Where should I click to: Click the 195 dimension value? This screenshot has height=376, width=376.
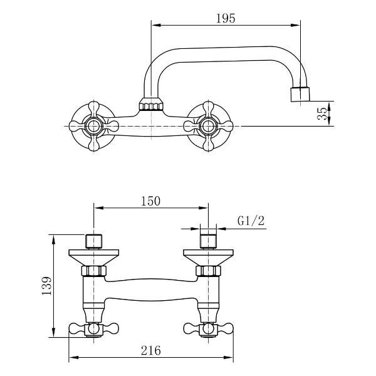[226, 18]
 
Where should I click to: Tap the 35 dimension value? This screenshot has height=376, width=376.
[322, 113]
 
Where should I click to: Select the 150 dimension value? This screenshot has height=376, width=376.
[150, 201]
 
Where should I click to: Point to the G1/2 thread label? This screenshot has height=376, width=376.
[251, 221]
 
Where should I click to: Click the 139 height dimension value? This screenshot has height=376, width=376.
[47, 286]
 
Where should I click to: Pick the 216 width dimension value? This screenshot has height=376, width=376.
[151, 350]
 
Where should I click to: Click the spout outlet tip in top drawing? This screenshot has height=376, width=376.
[300, 95]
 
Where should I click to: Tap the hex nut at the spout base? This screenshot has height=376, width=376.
[151, 104]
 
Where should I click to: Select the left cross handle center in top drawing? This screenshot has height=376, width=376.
[94, 126]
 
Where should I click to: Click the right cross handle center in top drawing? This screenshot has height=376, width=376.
[208, 126]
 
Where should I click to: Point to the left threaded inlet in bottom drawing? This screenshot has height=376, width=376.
[94, 241]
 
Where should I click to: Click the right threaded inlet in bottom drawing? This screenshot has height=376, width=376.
[208, 241]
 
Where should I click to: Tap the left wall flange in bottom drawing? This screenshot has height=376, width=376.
[94, 258]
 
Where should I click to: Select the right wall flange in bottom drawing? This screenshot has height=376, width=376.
[208, 258]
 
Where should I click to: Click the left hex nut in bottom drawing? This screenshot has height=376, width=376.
[94, 271]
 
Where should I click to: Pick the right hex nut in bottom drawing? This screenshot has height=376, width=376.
[208, 271]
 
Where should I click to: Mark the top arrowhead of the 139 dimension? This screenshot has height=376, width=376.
[54, 239]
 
